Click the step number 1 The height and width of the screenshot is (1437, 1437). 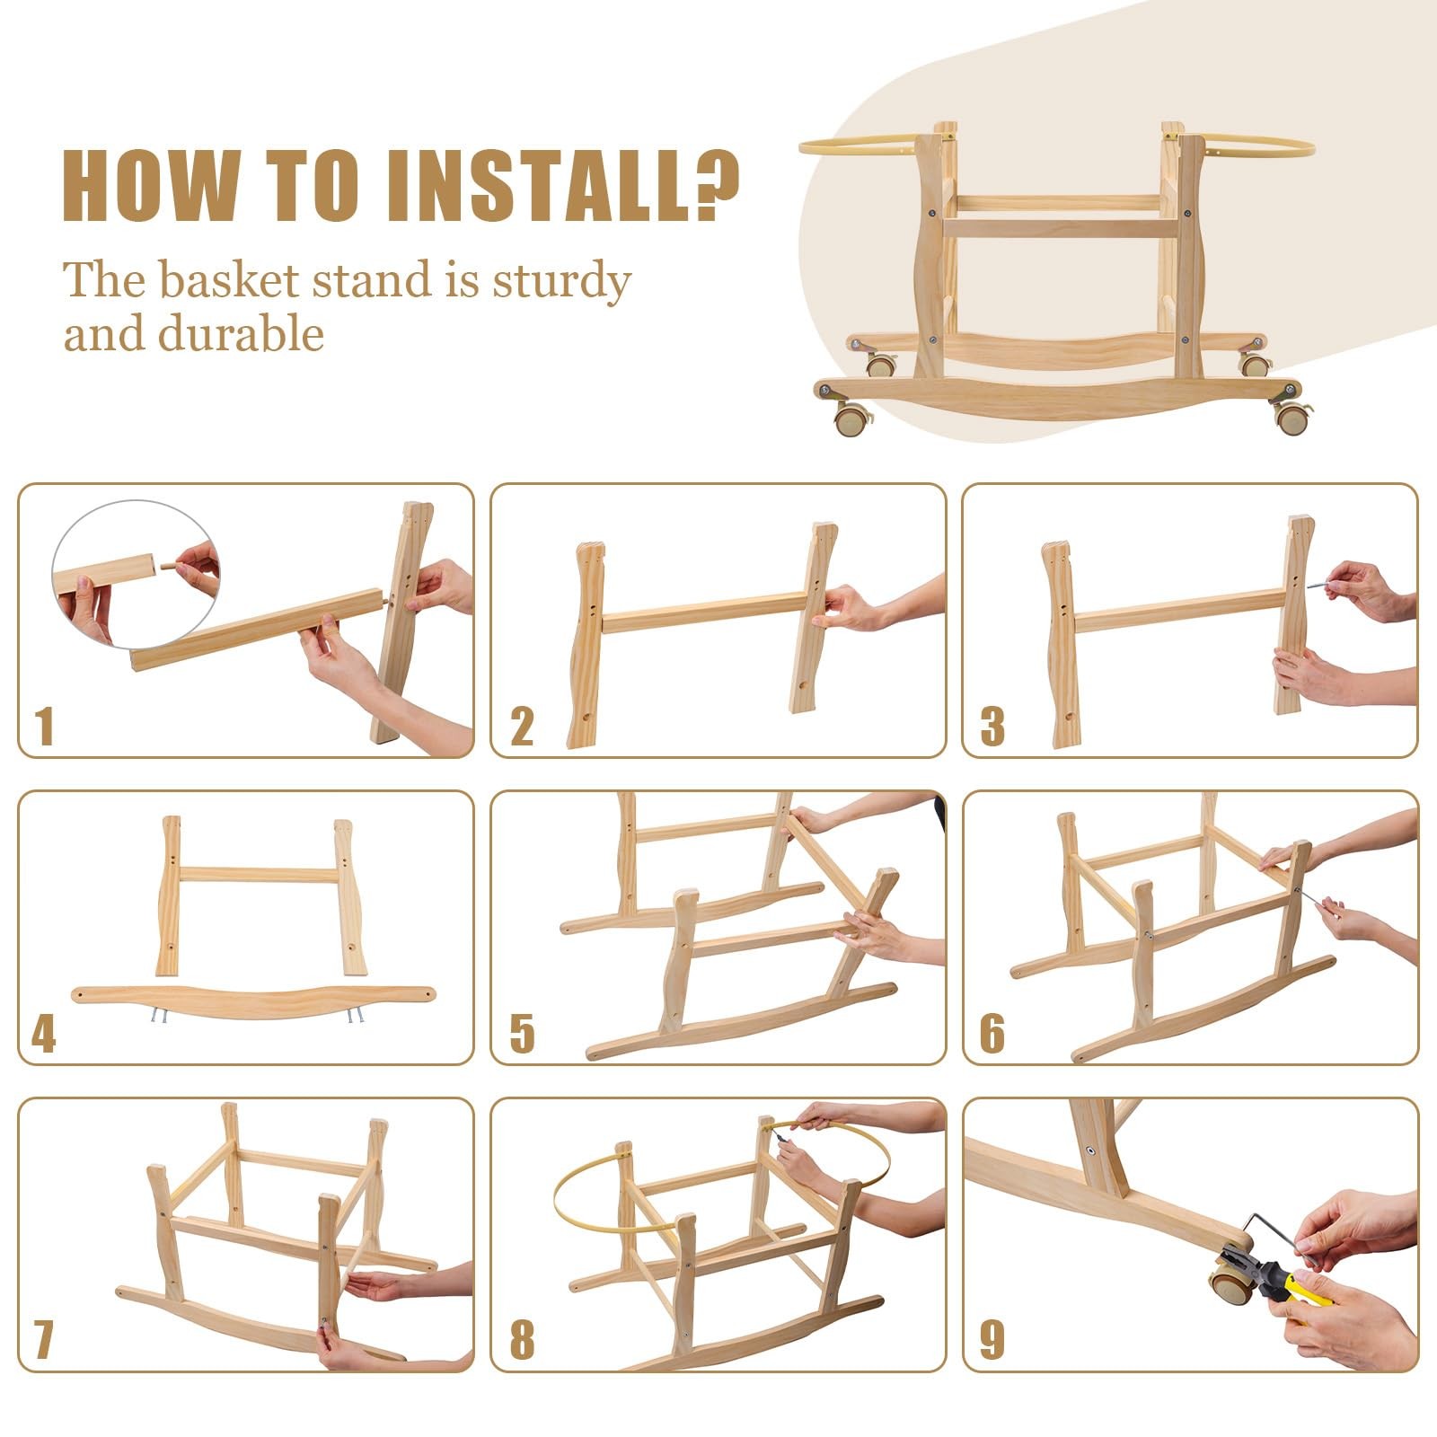45,727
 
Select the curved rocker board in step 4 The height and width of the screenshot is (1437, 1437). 253,1000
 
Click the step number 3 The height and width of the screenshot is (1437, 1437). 992,727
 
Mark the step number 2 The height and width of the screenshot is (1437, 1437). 522,727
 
